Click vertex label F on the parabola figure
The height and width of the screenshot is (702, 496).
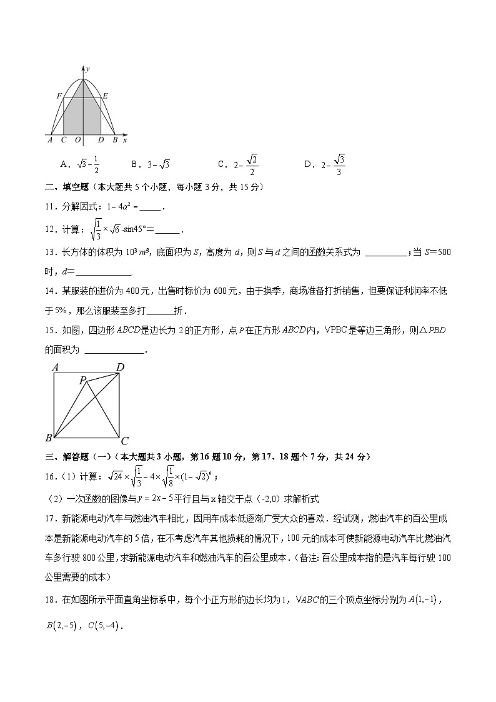pyautogui.click(x=59, y=96)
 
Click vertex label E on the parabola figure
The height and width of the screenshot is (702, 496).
pyautogui.click(x=105, y=96)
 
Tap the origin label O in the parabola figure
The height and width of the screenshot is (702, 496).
pyautogui.click(x=77, y=141)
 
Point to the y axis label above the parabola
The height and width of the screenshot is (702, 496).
pyautogui.click(x=88, y=67)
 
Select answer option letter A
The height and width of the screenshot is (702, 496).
pyautogui.click(x=64, y=164)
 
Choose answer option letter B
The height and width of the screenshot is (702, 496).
pyautogui.click(x=134, y=164)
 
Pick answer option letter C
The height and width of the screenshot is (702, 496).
pyautogui.click(x=221, y=164)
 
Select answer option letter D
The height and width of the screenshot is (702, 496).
pyautogui.click(x=307, y=164)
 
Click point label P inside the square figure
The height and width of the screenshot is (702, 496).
pyautogui.click(x=82, y=379)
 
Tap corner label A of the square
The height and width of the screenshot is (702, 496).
pyautogui.click(x=56, y=368)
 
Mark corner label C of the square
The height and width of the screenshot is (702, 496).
pyautogui.click(x=124, y=441)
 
